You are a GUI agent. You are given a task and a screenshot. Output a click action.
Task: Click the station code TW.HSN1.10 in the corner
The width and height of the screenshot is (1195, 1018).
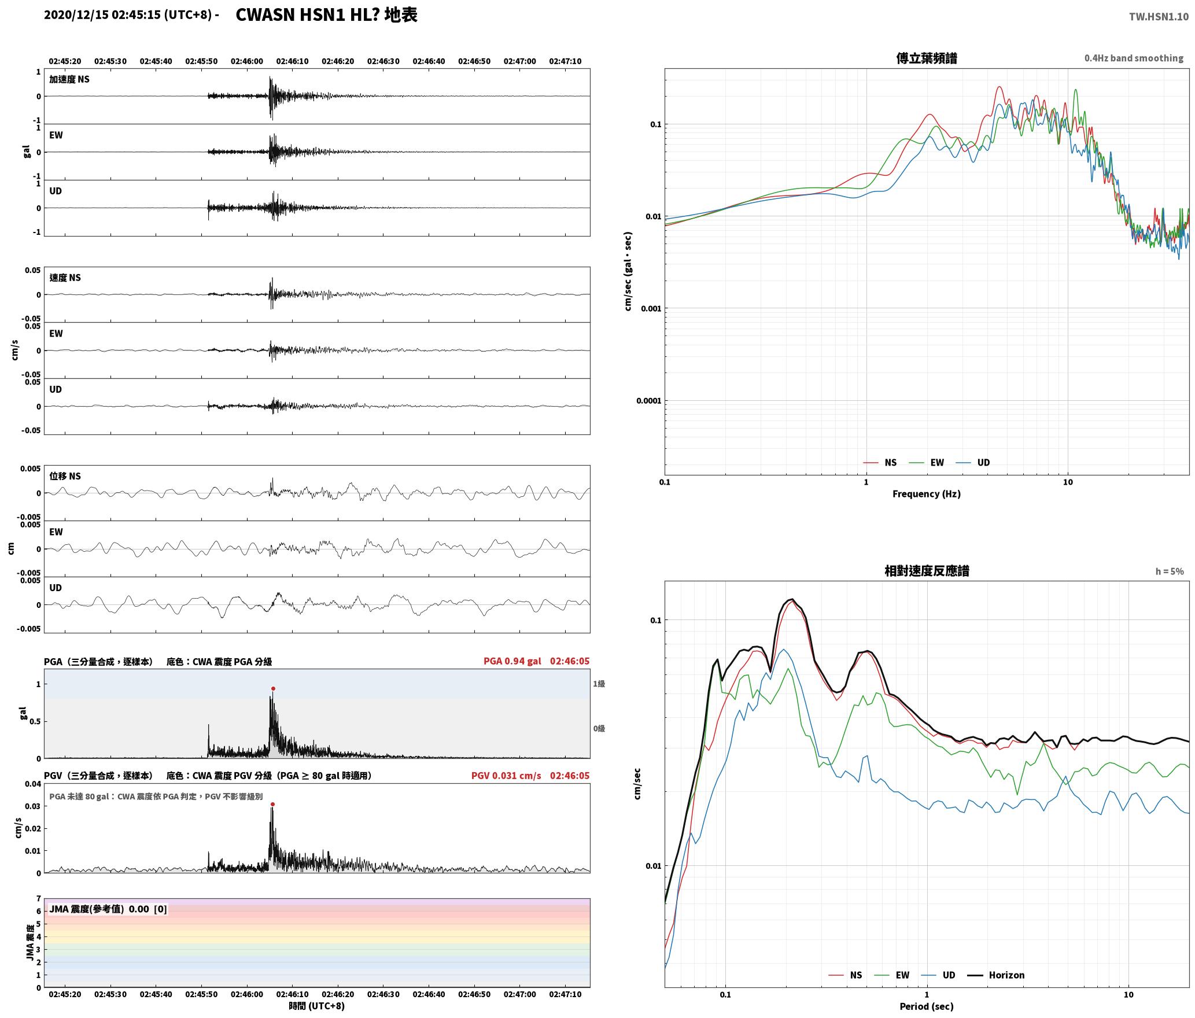[1159, 17]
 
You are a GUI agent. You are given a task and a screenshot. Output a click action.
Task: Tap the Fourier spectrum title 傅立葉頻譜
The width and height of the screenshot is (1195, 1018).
[926, 58]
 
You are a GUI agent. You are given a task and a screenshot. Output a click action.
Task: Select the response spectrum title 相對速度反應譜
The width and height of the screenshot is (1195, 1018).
[926, 571]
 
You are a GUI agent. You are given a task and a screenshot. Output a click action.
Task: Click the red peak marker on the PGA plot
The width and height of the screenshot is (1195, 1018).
[273, 688]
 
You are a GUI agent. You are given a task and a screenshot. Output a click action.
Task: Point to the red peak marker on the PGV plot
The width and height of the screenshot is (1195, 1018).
[272, 804]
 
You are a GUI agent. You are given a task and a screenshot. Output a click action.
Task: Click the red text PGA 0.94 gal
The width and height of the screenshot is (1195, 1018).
[512, 661]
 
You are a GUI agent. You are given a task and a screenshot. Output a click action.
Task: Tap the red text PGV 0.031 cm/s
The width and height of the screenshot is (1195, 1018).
[506, 776]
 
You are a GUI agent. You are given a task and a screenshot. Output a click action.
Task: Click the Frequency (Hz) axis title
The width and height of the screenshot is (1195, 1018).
[926, 494]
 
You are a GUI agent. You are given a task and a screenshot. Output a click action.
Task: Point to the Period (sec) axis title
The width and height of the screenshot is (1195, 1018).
[926, 1006]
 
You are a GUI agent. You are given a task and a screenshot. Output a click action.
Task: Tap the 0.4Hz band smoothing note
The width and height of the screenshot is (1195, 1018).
[1134, 58]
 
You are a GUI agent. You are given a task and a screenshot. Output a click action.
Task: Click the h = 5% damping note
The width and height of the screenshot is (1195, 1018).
[1170, 571]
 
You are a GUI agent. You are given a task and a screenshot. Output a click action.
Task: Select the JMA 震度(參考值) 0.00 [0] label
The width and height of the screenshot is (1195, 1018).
[108, 909]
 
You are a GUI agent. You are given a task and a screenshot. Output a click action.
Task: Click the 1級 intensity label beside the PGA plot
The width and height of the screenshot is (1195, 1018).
[599, 684]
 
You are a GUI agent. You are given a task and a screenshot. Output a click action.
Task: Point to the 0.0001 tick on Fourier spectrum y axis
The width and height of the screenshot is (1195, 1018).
[648, 401]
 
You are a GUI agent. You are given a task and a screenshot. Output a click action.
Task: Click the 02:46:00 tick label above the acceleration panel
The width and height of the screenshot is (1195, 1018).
[247, 61]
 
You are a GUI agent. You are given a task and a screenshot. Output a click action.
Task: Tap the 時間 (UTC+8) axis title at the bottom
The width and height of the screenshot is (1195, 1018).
[317, 1006]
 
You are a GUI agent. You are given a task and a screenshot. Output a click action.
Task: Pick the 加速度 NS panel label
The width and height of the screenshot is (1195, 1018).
[69, 79]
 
